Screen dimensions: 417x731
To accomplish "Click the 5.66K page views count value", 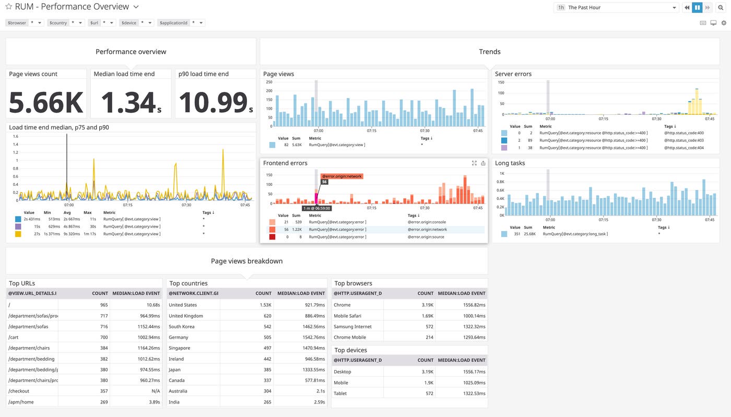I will pos(46,102).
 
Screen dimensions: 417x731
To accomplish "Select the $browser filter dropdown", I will pos(25,23).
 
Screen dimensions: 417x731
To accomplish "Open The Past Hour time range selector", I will pos(616,7).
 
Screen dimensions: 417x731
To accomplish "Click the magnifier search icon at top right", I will pos(721,7).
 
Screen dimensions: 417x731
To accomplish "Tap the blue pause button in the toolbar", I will pos(697,7).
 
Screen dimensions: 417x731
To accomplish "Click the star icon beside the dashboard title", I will pos(9,7).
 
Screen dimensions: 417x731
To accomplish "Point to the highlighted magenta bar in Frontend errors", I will pos(316,198).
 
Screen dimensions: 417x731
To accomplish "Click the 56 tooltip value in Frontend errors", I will pos(324,182).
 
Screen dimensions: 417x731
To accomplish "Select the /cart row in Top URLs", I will pos(14,337).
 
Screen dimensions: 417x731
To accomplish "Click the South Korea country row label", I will pos(182,326).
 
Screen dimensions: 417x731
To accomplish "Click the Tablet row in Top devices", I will pos(341,393).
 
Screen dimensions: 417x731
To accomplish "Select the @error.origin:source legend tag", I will pos(427,237).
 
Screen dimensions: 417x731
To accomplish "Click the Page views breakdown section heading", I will pos(246,261).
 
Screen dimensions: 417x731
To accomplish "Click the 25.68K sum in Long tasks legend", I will pos(527,234).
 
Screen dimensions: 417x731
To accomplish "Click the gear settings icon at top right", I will pos(724,23).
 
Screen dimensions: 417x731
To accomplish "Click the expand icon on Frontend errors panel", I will pos(474,163).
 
